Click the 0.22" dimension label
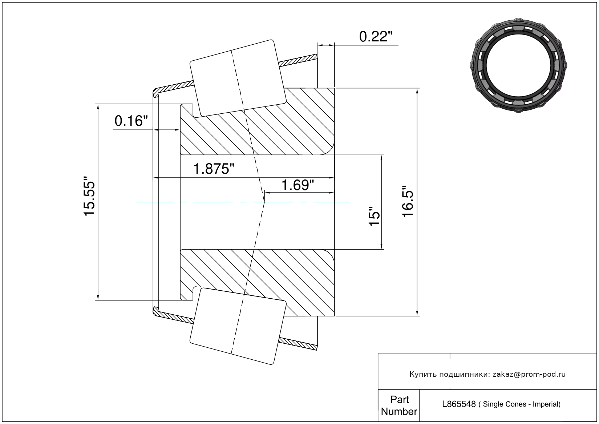tap(376, 37)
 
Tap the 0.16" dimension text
tap(131, 121)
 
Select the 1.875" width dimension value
tap(213, 169)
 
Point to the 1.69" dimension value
tap(298, 185)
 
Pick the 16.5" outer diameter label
tap(408, 201)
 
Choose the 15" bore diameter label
tap(375, 217)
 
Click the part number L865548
tap(459, 404)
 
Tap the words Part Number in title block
tap(399, 405)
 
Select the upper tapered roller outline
tap(238, 78)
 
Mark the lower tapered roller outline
tap(238, 326)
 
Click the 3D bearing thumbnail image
tap(518, 65)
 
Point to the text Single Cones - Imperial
tap(519, 404)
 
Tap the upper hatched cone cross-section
tap(257, 121)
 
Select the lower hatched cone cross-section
tap(257, 283)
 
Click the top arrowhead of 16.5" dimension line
tap(417, 91)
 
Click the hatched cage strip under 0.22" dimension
tap(298, 60)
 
